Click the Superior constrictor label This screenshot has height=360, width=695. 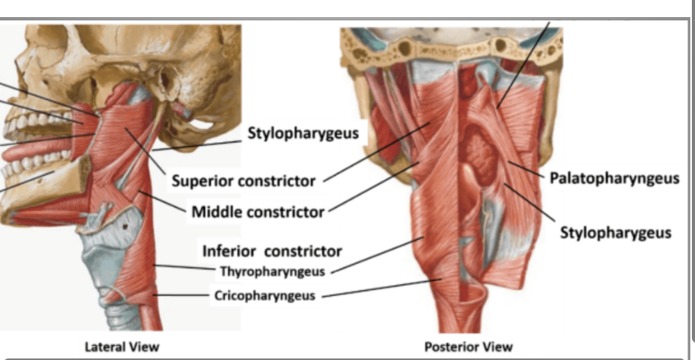pyautogui.click(x=243, y=181)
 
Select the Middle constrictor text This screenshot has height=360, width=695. pyautogui.click(x=257, y=211)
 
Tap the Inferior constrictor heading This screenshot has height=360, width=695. pyautogui.click(x=271, y=251)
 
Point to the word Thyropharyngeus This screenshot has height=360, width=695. pyautogui.click(x=271, y=272)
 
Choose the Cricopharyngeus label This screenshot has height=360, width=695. pyautogui.click(x=265, y=296)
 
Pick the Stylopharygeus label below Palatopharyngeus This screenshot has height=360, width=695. pyautogui.click(x=615, y=233)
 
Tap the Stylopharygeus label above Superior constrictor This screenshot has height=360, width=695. pyautogui.click(x=303, y=133)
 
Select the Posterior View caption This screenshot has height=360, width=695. pyautogui.click(x=468, y=346)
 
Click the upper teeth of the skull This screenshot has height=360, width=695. pyautogui.click(x=31, y=124)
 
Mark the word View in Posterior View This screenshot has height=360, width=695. pyautogui.click(x=496, y=346)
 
